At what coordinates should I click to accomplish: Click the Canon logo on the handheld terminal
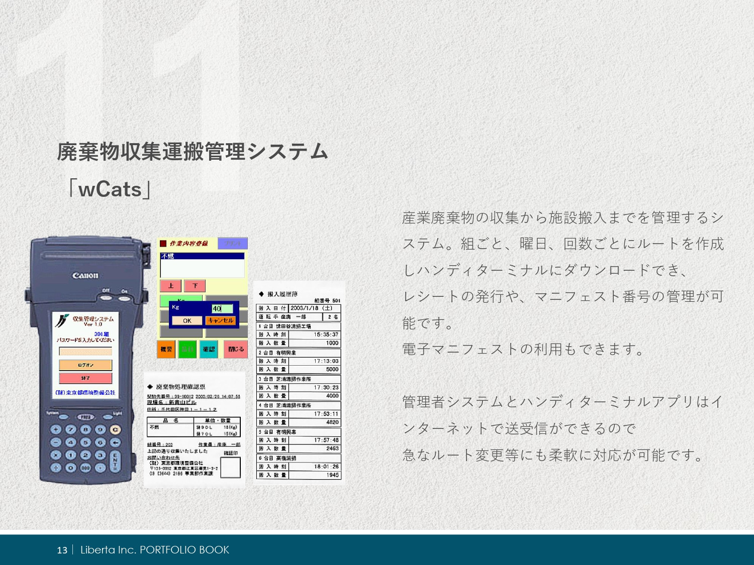tap(85, 275)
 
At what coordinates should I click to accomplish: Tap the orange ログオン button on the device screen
tap(85, 365)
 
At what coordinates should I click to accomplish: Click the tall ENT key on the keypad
tap(115, 461)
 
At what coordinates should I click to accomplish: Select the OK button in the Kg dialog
tap(187, 320)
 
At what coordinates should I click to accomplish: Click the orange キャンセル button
tap(220, 320)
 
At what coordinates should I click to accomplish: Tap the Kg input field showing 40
tap(222, 308)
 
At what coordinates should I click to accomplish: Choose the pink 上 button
tap(170, 286)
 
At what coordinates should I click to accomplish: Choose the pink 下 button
tap(195, 286)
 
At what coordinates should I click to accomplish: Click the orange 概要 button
tap(166, 349)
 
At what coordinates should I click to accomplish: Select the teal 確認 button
tap(209, 349)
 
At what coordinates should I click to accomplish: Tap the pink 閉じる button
tap(236, 349)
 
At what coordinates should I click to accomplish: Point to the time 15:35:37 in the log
tap(326, 334)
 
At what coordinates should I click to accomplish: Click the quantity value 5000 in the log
tap(332, 369)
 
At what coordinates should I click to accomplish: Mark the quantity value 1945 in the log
tap(332, 475)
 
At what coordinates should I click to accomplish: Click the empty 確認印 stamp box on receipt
tap(231, 468)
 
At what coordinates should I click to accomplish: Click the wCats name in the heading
tap(110, 190)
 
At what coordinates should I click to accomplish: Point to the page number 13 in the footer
tap(62, 550)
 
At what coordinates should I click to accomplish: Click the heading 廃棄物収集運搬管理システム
tap(193, 152)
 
